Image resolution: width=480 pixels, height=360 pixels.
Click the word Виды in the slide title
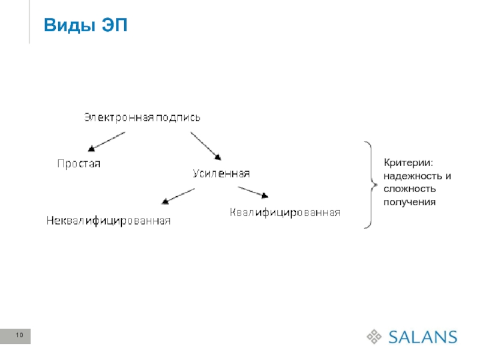[66, 26]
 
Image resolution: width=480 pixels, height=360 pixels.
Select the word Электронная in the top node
[118, 118]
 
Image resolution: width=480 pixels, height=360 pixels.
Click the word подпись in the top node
[178, 118]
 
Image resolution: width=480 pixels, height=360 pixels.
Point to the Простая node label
[79, 163]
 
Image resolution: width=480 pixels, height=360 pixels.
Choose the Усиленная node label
[221, 173]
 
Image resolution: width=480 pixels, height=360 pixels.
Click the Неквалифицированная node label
[109, 221]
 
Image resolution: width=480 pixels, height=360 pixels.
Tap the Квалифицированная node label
[286, 212]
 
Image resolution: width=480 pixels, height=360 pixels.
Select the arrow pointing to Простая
[106, 142]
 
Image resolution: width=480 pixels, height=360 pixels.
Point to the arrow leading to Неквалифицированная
[178, 196]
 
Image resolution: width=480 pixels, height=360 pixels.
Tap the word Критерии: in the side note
[408, 163]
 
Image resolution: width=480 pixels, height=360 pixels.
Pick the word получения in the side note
[409, 202]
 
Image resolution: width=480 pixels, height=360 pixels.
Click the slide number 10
[19, 335]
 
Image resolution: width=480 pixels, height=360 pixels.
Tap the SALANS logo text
[422, 336]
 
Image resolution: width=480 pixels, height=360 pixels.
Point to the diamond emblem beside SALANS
[374, 336]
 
